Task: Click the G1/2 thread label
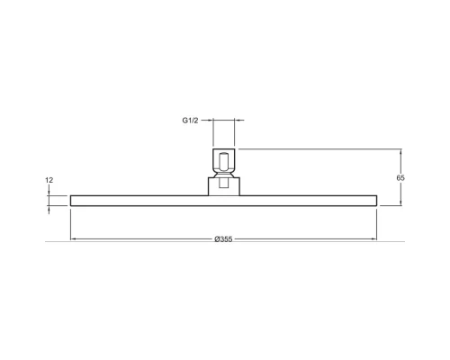[190, 121]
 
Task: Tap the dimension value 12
[49, 180]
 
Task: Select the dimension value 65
[400, 177]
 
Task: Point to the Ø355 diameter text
[223, 239]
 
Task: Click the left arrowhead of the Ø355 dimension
[73, 238]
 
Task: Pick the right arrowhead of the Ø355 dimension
[374, 238]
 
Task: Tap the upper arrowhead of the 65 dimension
[401, 151]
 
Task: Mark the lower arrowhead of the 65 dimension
[401, 203]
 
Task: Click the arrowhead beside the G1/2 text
[211, 120]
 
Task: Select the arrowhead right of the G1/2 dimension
[237, 120]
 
